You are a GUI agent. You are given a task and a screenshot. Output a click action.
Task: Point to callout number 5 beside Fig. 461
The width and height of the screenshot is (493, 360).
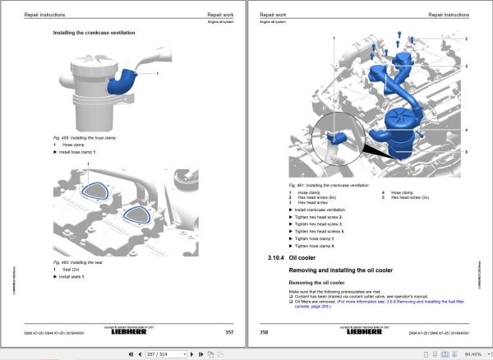465,151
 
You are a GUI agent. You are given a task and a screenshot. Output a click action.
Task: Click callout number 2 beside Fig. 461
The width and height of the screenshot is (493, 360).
465,39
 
